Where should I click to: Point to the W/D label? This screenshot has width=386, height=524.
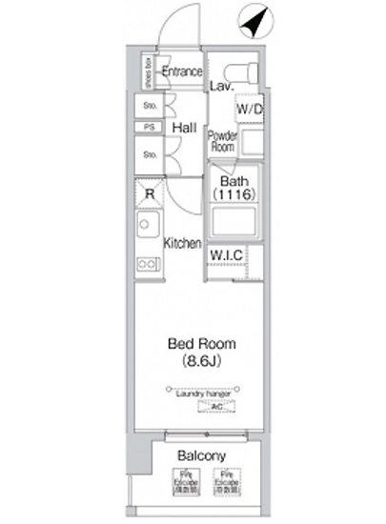click(250, 110)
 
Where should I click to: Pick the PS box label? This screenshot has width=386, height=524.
click(150, 127)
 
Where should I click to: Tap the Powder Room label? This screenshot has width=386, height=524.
click(222, 142)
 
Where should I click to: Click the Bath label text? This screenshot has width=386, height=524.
click(234, 182)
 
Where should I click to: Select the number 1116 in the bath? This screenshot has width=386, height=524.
click(234, 195)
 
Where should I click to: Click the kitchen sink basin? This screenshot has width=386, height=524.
click(148, 229)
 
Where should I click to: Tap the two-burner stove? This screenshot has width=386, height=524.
click(148, 263)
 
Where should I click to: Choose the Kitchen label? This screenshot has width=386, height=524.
click(183, 244)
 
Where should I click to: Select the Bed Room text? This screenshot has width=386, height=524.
click(201, 344)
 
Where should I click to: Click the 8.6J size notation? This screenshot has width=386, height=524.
click(201, 361)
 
